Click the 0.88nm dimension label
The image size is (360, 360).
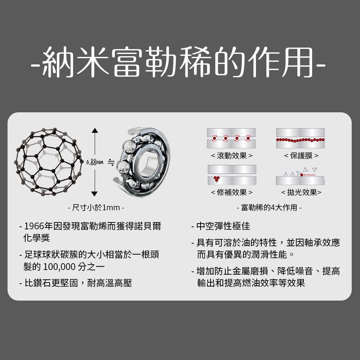95,163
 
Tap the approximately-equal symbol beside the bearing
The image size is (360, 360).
111,162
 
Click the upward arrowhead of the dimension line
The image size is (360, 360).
95,130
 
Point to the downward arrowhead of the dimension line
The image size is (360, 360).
94,194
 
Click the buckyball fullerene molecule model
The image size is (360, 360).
49,162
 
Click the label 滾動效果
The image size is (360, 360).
231,156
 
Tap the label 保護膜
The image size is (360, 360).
301,156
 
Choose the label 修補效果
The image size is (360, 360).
231,192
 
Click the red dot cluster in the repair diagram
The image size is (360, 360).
216,179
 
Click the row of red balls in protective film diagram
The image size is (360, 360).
300,140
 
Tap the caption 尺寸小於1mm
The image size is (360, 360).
96,208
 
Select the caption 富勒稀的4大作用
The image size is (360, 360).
269,208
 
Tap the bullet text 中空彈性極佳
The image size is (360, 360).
223,226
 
